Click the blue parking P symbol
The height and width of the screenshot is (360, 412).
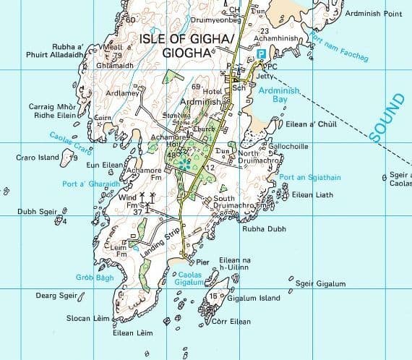pyautogui.click(x=261, y=55)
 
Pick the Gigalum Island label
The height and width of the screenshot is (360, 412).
pyautogui.click(x=253, y=298)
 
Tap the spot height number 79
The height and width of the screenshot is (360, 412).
pyautogui.click(x=118, y=55)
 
